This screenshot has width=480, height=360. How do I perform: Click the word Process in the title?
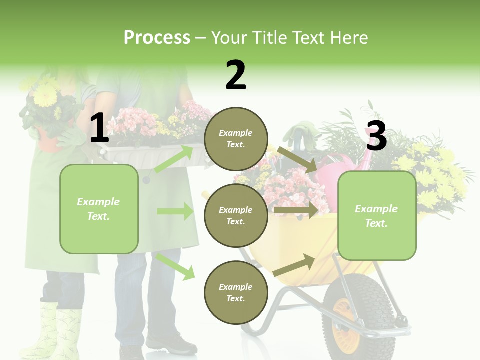pos(157,38)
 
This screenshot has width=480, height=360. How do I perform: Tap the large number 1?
pos(99,128)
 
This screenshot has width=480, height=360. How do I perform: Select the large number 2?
pos(236,76)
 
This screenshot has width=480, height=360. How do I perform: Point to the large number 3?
pos(376,136)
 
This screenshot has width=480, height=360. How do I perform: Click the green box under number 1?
pos(99,209)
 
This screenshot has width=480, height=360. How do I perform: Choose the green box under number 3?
pos(376,215)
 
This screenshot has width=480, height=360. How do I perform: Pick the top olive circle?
pos(236,139)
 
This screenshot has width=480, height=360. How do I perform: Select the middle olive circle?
pos(236,215)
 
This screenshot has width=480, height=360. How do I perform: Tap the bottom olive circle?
pos(236,292)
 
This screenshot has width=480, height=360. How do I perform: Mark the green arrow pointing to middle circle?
pos(175,211)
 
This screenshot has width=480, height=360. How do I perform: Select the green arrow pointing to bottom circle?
pos(175,266)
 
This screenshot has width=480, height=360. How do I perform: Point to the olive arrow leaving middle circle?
pos(295,210)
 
